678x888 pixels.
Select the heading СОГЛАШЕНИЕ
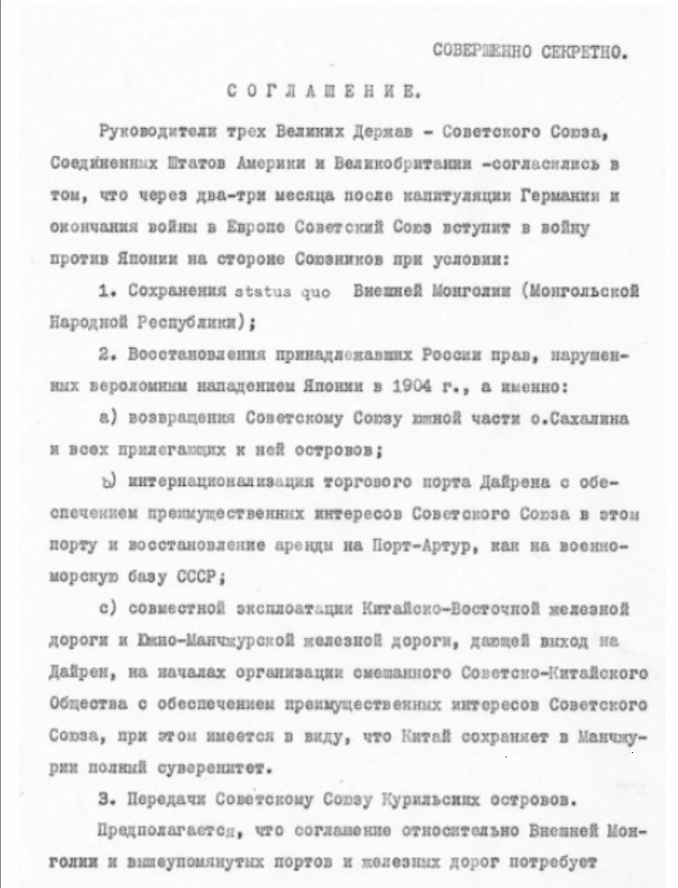click(x=323, y=92)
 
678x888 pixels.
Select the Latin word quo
click(x=314, y=292)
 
